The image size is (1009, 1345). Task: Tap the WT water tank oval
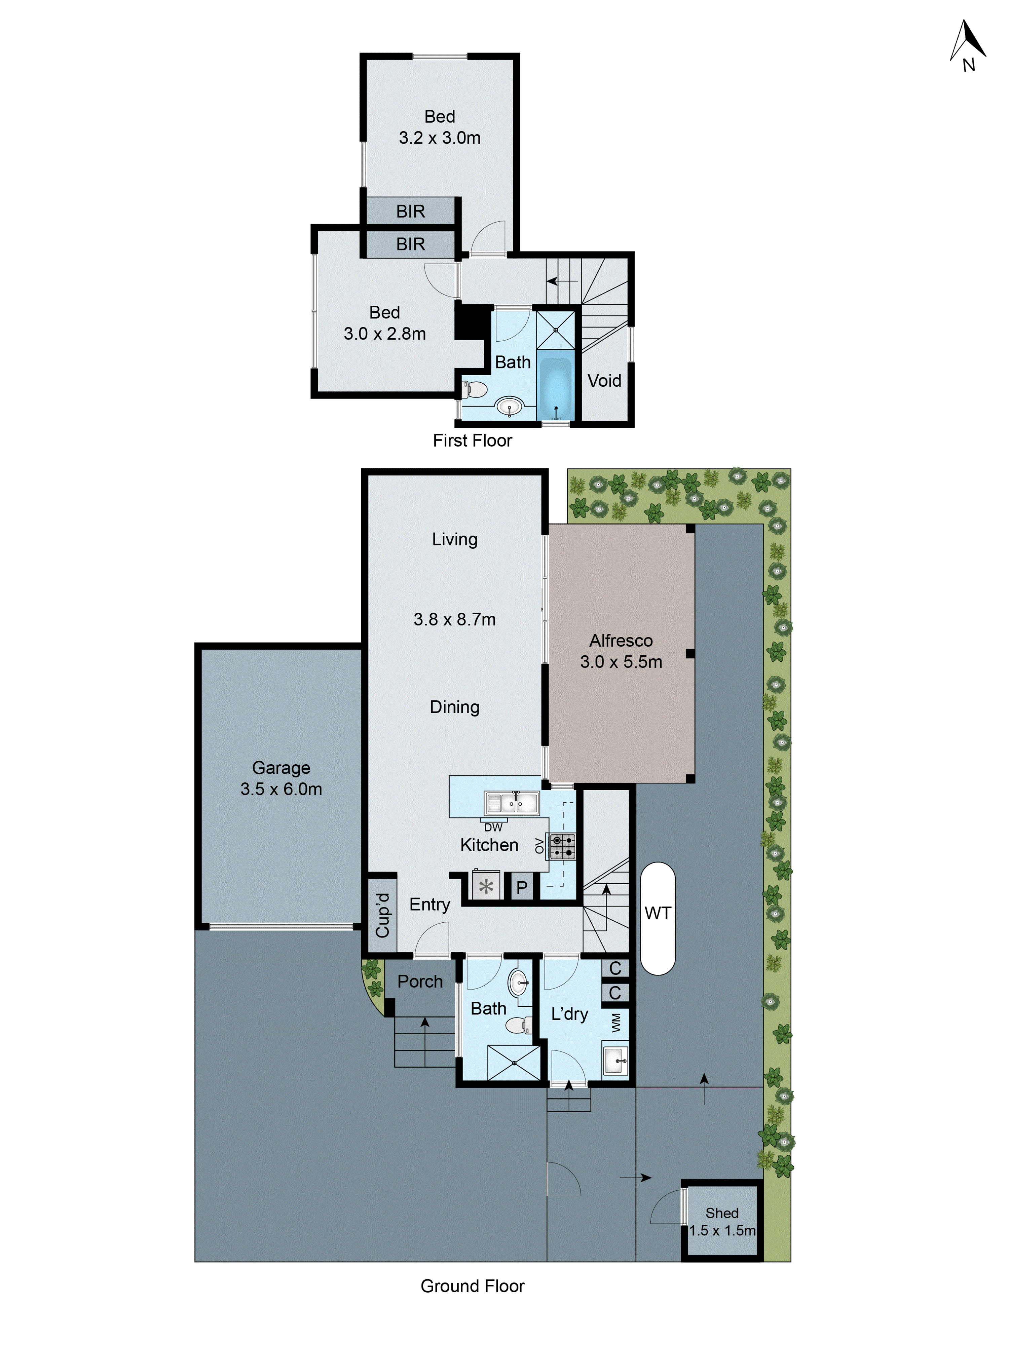click(658, 918)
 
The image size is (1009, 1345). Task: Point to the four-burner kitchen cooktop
click(562, 846)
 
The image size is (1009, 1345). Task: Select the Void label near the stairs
click(604, 381)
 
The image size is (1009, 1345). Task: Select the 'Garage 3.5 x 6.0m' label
click(281, 778)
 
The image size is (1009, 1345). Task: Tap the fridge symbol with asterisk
click(486, 887)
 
